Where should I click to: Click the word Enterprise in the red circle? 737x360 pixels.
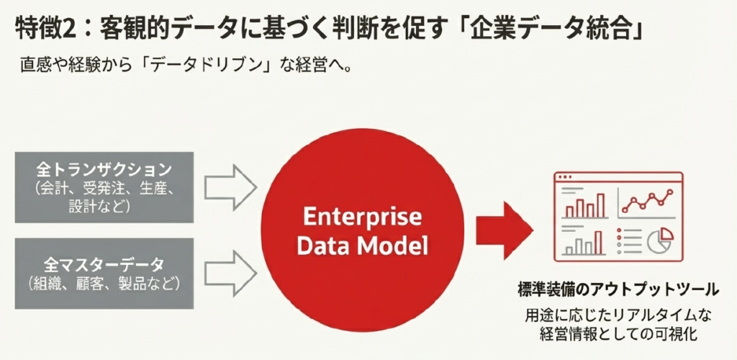click(361, 218)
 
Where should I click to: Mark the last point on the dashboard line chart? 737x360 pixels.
click(672, 192)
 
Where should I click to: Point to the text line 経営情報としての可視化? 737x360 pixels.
click(618, 333)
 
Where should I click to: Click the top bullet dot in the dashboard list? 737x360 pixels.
click(619, 231)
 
